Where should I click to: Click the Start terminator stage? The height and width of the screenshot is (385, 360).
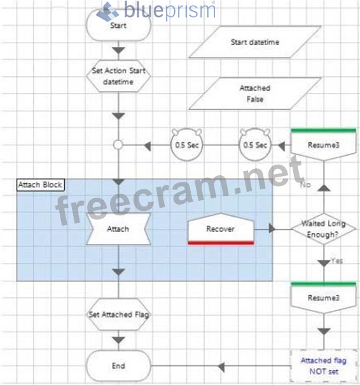pyautogui.click(x=118, y=25)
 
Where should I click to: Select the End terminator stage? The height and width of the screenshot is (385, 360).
pyautogui.click(x=118, y=366)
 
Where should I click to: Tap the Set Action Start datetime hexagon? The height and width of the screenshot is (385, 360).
pyautogui.click(x=118, y=76)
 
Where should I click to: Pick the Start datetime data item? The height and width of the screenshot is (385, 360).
pyautogui.click(x=255, y=42)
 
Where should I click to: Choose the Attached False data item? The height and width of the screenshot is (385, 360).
pyautogui.click(x=255, y=93)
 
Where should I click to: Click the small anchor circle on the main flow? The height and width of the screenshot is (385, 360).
pyautogui.click(x=118, y=145)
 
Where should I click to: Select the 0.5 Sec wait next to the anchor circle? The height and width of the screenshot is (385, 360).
pyautogui.click(x=187, y=145)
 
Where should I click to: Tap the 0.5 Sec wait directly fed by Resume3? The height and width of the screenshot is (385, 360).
pyautogui.click(x=255, y=145)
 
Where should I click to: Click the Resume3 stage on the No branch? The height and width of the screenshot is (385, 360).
pyautogui.click(x=323, y=145)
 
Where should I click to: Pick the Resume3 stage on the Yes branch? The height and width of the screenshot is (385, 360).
pyautogui.click(x=323, y=297)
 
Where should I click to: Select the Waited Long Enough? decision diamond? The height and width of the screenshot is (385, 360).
pyautogui.click(x=323, y=229)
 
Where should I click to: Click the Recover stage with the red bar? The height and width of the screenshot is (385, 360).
pyautogui.click(x=221, y=229)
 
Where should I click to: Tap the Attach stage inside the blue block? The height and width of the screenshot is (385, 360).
pyautogui.click(x=118, y=229)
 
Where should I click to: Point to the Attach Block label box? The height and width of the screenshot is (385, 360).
pyautogui.click(x=41, y=185)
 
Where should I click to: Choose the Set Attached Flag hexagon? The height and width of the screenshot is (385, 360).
pyautogui.click(x=119, y=314)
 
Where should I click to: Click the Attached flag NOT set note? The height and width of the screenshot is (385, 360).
pyautogui.click(x=323, y=366)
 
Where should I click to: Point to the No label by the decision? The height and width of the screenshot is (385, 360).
pyautogui.click(x=305, y=185)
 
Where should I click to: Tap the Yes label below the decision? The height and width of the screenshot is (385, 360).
pyautogui.click(x=337, y=260)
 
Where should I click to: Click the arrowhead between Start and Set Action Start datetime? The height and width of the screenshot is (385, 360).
pyautogui.click(x=118, y=50)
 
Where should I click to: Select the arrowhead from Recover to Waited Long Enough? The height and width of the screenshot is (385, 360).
pyautogui.click(x=272, y=229)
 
